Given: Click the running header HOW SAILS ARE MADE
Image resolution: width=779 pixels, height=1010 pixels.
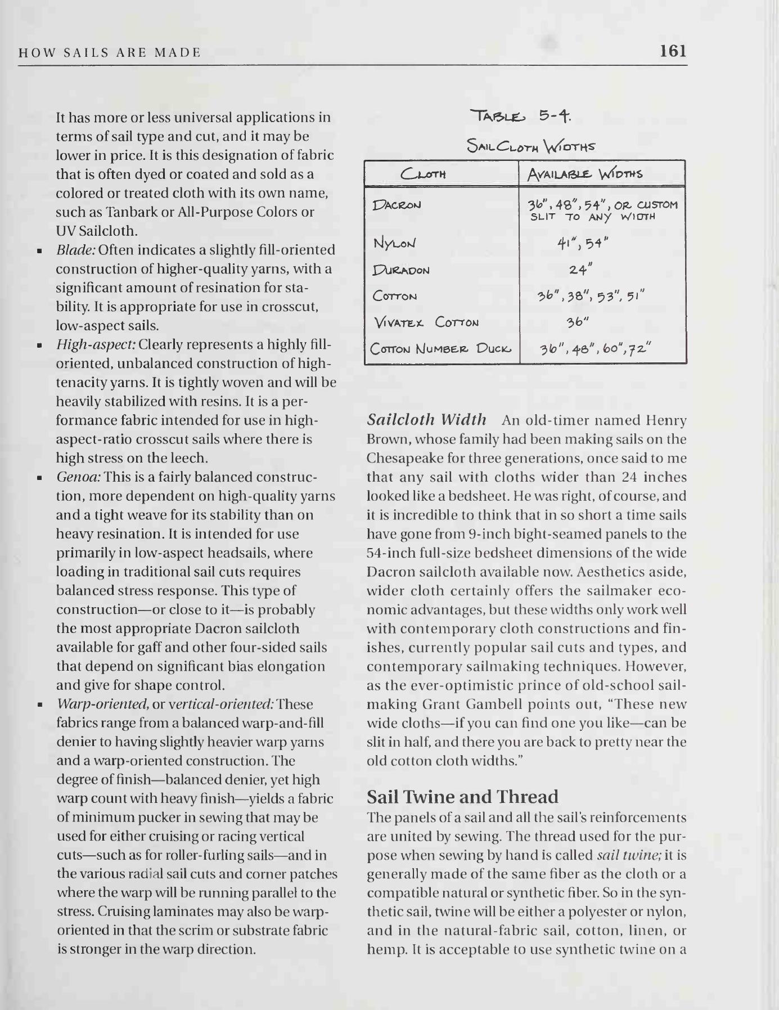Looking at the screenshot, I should click(110, 53).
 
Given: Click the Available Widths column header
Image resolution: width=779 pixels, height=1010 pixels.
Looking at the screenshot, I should click(584, 173).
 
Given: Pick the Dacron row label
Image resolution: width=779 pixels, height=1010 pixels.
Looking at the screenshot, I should click(397, 205).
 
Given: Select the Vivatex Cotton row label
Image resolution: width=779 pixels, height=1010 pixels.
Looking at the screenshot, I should click(426, 322).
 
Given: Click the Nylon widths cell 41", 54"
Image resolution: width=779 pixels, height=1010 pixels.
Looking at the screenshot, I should click(583, 243).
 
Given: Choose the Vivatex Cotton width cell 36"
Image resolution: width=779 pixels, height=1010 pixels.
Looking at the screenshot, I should click(578, 322).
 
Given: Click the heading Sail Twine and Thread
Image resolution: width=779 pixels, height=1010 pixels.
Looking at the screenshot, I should click(462, 797).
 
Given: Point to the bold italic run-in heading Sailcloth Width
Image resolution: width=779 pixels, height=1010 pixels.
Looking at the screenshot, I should click(426, 420).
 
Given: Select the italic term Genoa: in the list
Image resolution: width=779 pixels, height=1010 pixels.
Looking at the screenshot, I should click(79, 477).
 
